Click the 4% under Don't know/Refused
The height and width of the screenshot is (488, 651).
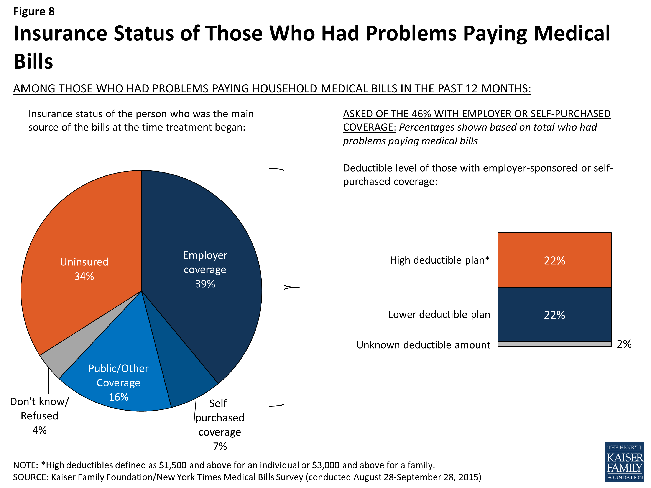pyautogui.click(x=39, y=430)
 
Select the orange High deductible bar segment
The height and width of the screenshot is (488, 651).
pyautogui.click(x=554, y=260)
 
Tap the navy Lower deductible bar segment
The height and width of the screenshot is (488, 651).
pyautogui.click(x=554, y=314)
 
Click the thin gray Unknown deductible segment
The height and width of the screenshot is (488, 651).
pyautogui.click(x=554, y=344)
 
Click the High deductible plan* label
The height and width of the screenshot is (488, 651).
pyautogui.click(x=439, y=260)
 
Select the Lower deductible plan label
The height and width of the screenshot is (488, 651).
pyautogui.click(x=439, y=314)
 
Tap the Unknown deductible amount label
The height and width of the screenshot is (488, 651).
pyautogui.click(x=423, y=345)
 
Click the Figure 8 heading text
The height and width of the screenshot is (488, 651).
pyautogui.click(x=34, y=11)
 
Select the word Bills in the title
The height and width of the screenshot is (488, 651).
pyautogui.click(x=33, y=61)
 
